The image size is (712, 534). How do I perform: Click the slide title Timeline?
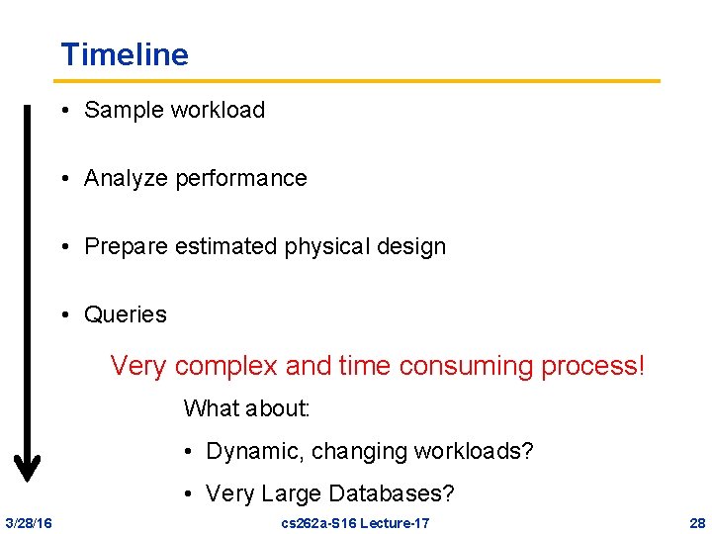pyautogui.click(x=124, y=54)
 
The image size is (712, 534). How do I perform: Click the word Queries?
pyautogui.click(x=126, y=315)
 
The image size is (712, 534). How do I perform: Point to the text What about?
pyautogui.click(x=247, y=407)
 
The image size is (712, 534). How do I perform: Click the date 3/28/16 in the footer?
pyautogui.click(x=29, y=522)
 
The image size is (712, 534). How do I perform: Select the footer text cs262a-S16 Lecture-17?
pyautogui.click(x=356, y=522)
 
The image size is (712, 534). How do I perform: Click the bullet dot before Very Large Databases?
pyautogui.click(x=188, y=493)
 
